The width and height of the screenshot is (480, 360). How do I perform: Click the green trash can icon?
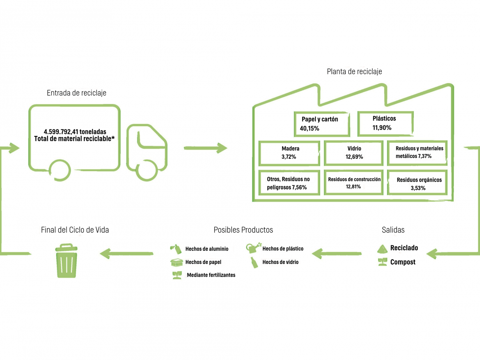point(67,260)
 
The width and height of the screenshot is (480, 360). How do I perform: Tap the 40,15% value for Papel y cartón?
point(309,128)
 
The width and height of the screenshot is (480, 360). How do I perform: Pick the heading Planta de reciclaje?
point(354,71)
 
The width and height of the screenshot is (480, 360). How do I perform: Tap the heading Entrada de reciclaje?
point(76,93)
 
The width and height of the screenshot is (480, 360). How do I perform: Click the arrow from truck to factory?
point(205,148)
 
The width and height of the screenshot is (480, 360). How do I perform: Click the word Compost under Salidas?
point(403,262)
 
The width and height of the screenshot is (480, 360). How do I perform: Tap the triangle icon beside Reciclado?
point(382,249)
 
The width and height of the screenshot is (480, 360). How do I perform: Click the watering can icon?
point(253,248)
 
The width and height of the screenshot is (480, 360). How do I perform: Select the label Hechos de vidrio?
point(280,262)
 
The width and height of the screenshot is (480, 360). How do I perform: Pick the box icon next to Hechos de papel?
point(176,262)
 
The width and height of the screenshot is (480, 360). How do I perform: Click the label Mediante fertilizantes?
point(211,275)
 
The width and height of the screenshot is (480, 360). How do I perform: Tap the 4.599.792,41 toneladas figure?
point(75,132)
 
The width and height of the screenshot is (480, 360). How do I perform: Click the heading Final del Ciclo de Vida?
point(75,230)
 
